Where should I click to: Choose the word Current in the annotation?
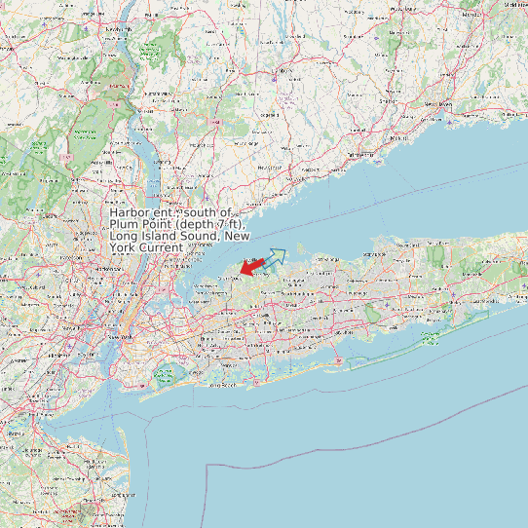coord(159,247)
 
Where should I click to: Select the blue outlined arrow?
coord(274,258)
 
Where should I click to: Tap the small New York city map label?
coord(119,336)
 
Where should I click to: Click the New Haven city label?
coord(438,103)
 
